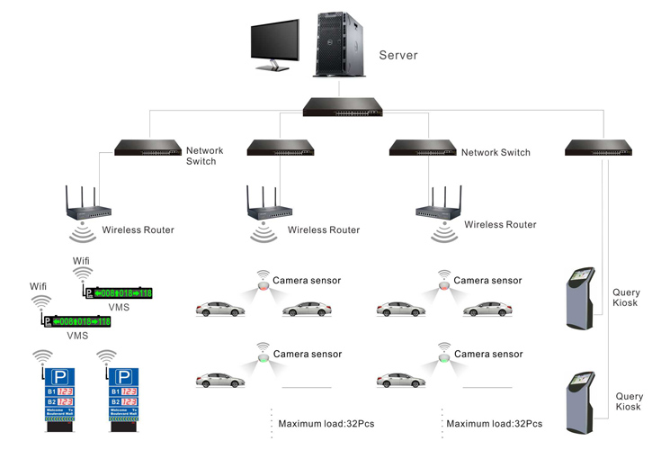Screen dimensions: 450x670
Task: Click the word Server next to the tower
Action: (x=398, y=55)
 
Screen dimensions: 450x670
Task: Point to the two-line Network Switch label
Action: (x=201, y=155)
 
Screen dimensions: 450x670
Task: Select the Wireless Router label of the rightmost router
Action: (x=500, y=224)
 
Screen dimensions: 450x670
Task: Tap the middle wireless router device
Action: (x=268, y=212)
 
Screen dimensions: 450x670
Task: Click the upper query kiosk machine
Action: (x=579, y=296)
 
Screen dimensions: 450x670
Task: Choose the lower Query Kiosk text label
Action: (x=629, y=401)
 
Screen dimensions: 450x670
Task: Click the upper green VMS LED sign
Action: (x=118, y=293)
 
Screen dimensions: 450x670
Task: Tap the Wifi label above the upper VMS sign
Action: (x=82, y=260)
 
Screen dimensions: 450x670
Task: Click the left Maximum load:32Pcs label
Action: (x=320, y=423)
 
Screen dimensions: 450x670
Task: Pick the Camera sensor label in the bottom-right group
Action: (x=487, y=354)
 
